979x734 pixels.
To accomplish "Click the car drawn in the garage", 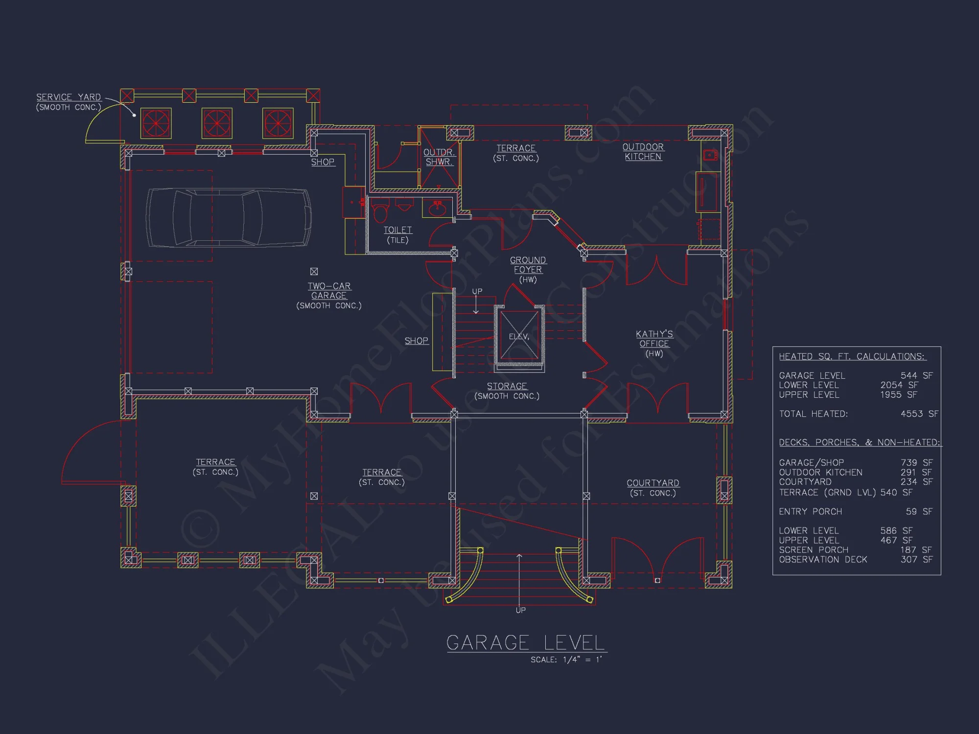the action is pos(229,217).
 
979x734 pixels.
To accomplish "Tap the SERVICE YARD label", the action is pos(69,97).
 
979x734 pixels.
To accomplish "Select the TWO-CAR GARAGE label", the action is pos(329,291).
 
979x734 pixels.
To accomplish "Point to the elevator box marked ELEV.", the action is pos(519,336).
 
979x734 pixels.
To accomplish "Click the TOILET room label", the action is pos(397,230).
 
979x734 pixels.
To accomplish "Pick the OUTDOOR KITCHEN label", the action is pos(643,152).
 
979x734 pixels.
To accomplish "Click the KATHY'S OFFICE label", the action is pos(654,339).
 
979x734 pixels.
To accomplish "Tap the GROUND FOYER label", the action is pos(528,265).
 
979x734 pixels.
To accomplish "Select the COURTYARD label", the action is pos(653,483).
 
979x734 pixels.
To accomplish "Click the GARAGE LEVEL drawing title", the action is pos(526,642).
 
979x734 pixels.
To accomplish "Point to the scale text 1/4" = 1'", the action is pos(582,660).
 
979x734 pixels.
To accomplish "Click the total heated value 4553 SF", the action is pos(919,414).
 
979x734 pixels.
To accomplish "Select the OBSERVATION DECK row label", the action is pos(823,559).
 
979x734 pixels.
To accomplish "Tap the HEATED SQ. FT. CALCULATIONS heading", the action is pos(852,357).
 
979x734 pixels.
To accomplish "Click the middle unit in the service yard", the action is pos(217,123).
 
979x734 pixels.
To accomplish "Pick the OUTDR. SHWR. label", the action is pos(439,157).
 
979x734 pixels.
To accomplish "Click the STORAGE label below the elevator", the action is pos(507,386).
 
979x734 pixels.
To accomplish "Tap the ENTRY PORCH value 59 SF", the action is pos(919,511).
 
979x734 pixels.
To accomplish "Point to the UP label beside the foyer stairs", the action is pos(477,291).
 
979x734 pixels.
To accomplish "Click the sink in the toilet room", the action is pos(437,209).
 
